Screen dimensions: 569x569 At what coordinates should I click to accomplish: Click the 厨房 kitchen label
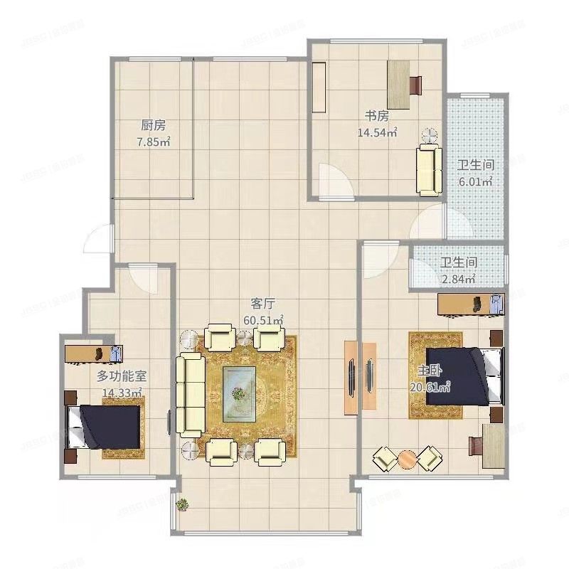click(x=153, y=125)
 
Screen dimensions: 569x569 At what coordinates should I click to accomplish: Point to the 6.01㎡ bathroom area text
click(x=475, y=181)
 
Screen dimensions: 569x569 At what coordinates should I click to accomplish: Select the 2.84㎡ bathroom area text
click(x=458, y=279)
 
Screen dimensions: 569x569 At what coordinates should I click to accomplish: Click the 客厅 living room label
click(x=263, y=305)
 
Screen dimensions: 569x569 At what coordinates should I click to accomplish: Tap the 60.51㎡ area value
click(x=263, y=321)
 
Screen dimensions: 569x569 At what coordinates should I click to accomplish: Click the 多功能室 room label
click(x=122, y=376)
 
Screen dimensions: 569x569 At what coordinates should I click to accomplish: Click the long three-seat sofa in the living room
click(x=191, y=394)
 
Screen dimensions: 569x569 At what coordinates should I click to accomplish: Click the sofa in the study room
click(x=428, y=169)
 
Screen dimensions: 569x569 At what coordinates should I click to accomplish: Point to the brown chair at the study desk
click(x=416, y=85)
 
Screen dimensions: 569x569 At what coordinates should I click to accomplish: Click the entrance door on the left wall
click(x=98, y=238)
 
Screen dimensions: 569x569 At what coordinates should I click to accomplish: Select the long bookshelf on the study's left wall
click(x=318, y=87)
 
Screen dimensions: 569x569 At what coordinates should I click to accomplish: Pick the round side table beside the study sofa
click(x=429, y=134)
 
